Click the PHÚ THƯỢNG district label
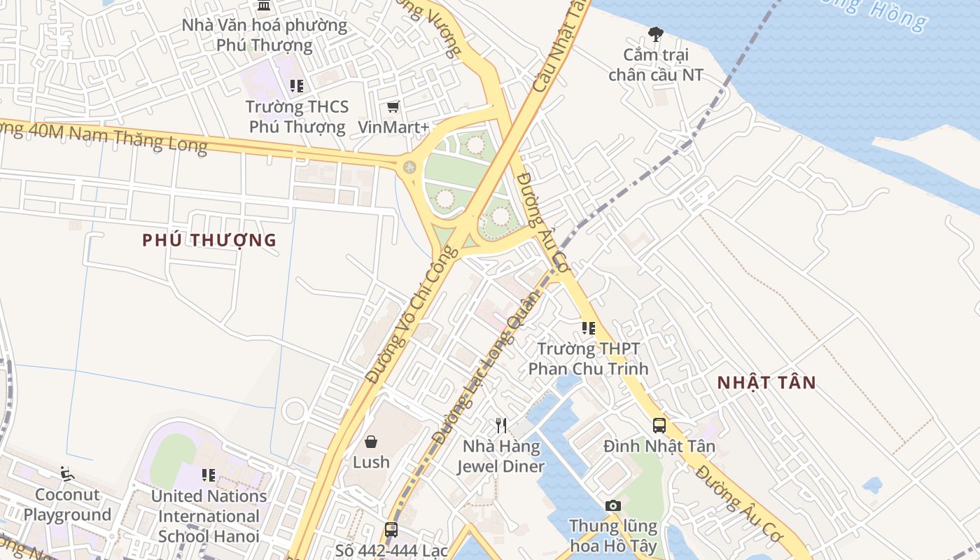[x=209, y=240]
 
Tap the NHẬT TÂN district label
[x=766, y=383]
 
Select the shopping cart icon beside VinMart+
[x=393, y=107]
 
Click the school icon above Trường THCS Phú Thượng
[x=297, y=86]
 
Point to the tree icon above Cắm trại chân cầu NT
[x=656, y=33]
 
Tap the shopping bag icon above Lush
[x=371, y=442]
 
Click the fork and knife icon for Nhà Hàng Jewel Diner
[x=501, y=425]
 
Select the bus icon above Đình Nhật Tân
[x=659, y=425]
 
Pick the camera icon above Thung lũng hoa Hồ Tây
[x=613, y=505]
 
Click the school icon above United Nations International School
[x=209, y=475]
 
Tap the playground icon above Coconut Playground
[x=67, y=474]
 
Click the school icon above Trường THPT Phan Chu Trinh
[x=588, y=328]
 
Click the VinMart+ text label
[x=393, y=127]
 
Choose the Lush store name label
[x=371, y=462]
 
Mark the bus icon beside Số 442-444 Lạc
[x=391, y=530]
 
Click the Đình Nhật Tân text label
[x=659, y=446]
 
